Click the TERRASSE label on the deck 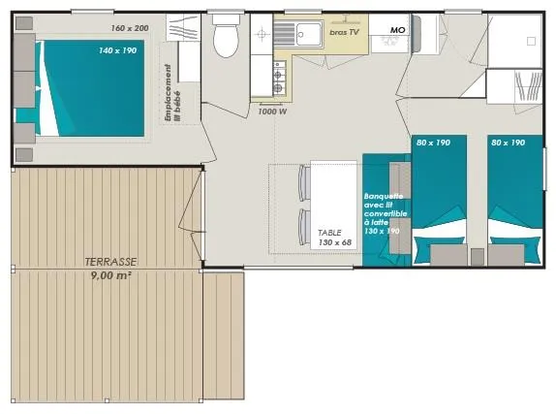(109, 262)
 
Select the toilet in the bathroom (225, 39)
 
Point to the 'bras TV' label (345, 32)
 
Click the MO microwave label (397, 30)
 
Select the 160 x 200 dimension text (129, 28)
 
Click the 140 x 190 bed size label (116, 49)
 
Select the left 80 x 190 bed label (434, 143)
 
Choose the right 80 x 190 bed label (509, 143)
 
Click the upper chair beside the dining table (302, 182)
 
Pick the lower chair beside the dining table (302, 226)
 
